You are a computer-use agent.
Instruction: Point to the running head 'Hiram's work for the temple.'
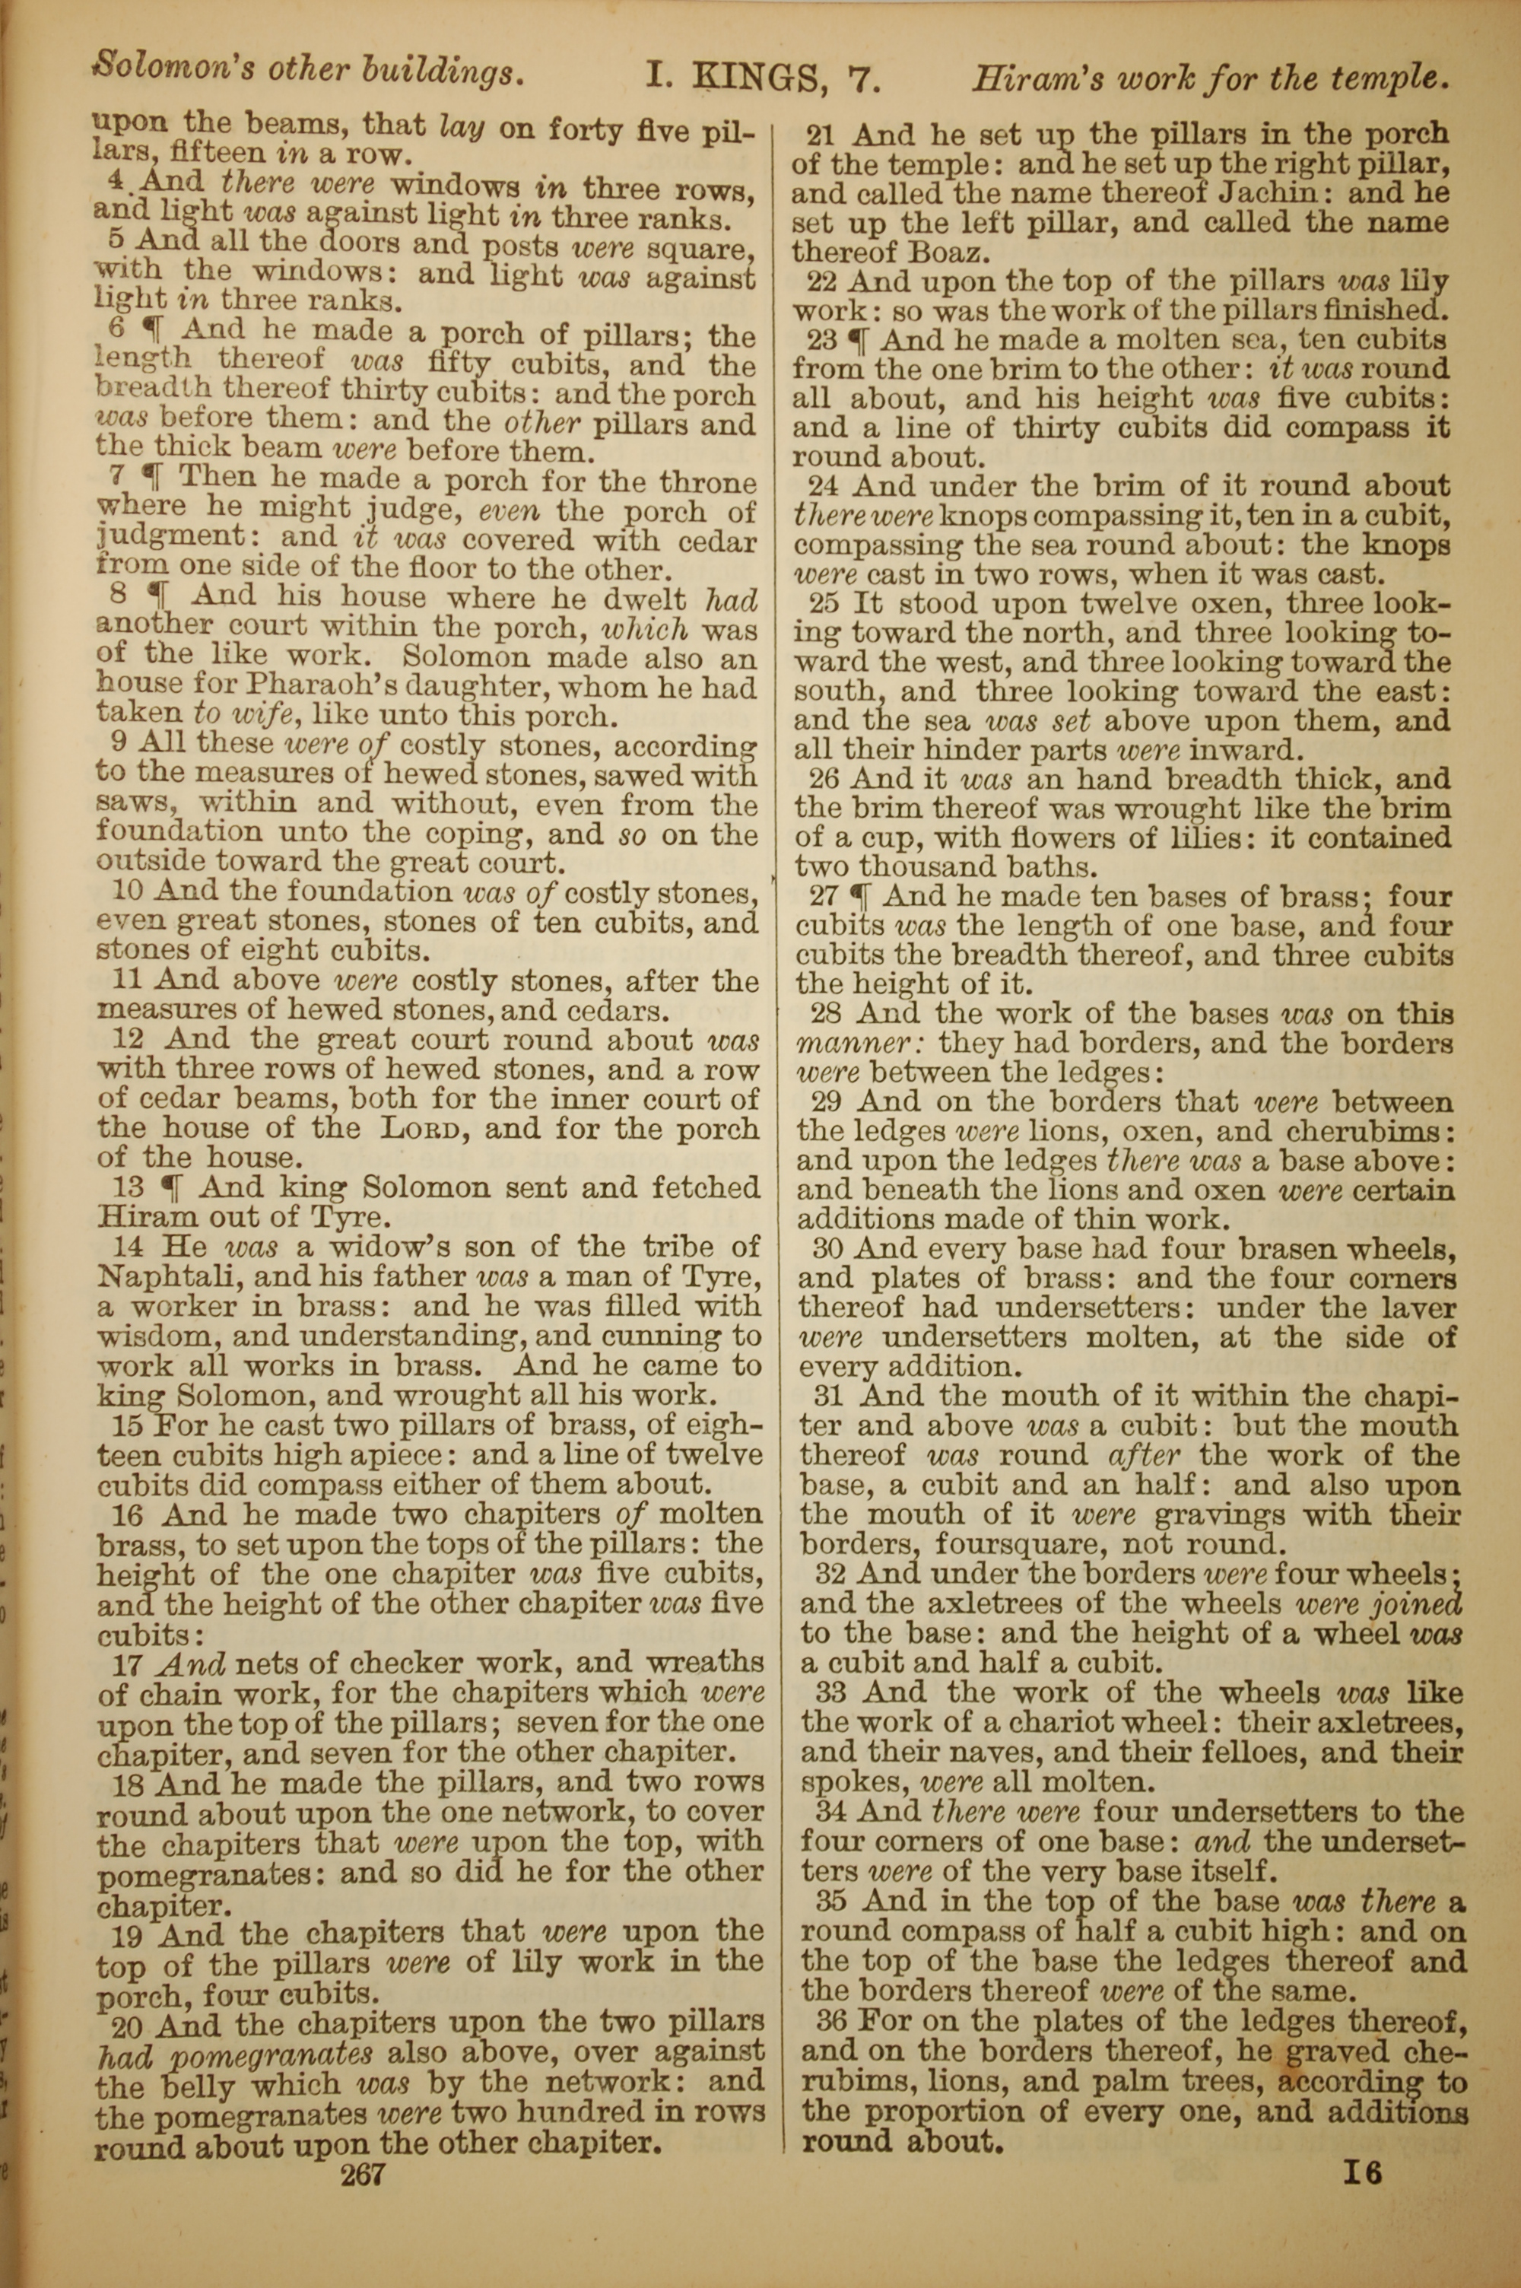[1211, 78]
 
